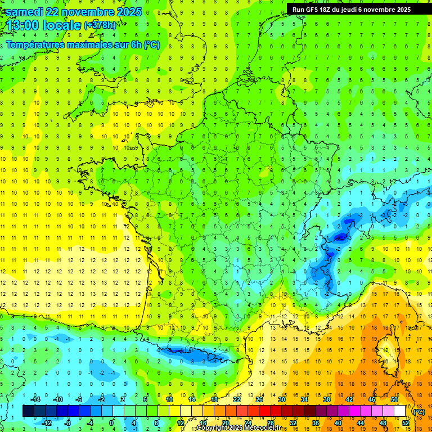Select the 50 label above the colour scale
394,399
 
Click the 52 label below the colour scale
406,423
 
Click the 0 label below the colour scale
111,423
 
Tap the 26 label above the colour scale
259,399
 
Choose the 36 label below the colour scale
316,423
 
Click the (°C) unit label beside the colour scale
419,412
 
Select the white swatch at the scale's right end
400,411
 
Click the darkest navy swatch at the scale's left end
28,411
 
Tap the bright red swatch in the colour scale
265,411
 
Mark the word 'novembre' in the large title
85,12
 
